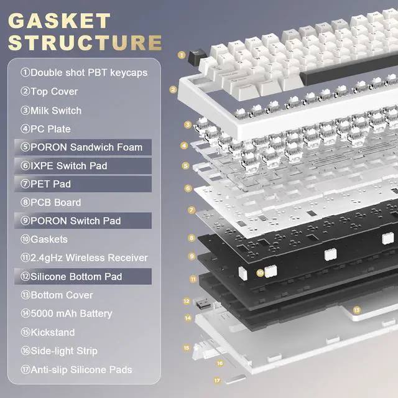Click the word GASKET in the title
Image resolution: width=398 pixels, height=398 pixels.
click(60, 20)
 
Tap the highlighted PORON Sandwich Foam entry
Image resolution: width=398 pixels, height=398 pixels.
click(81, 147)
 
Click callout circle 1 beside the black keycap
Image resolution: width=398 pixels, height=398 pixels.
click(181, 55)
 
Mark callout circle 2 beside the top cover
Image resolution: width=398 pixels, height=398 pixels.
click(173, 89)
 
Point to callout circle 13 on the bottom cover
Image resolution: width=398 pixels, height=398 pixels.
click(356, 309)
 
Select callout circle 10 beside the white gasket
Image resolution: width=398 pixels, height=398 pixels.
click(260, 272)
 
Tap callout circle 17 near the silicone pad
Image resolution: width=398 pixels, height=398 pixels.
click(217, 379)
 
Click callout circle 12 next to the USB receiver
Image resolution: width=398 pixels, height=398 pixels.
click(186, 300)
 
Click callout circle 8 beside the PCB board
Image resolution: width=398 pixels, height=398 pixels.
click(192, 238)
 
